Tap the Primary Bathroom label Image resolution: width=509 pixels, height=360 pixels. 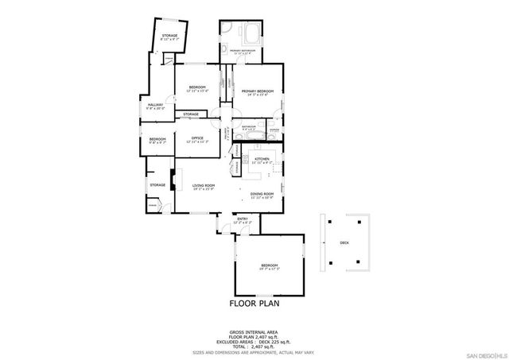[x=243, y=51]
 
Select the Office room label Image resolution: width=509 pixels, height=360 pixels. [x=197, y=138]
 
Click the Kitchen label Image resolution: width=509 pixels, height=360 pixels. [x=262, y=159]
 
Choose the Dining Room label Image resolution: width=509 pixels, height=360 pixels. [x=262, y=194]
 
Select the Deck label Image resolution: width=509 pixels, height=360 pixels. [x=344, y=243]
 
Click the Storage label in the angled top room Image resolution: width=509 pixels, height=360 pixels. [x=169, y=36]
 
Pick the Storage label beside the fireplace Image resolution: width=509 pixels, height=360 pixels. [x=157, y=185]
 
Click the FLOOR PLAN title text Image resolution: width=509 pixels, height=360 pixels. [x=254, y=303]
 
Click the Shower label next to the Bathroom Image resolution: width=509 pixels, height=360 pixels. [x=274, y=129]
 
